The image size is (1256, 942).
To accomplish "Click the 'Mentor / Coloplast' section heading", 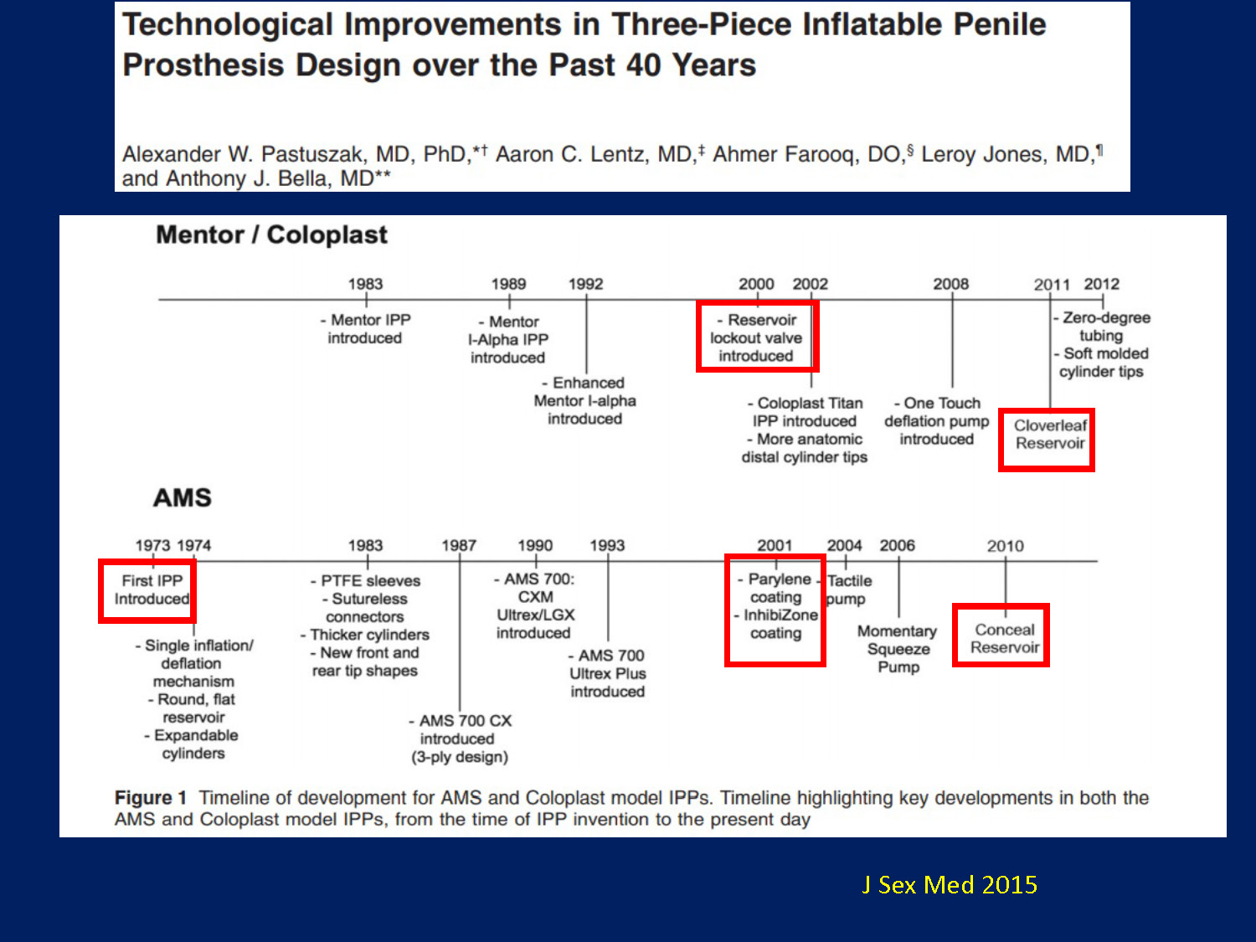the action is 271,234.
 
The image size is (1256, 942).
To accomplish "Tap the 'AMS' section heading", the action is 182,497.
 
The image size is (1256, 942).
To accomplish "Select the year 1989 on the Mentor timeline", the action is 508,284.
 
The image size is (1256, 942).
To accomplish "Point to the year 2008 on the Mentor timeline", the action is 950,284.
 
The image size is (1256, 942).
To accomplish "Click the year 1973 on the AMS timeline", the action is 152,545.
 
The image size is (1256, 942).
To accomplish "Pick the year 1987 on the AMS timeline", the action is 459,545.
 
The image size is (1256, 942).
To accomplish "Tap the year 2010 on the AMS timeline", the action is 1005,546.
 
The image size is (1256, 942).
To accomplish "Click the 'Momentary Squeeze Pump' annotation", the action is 898,649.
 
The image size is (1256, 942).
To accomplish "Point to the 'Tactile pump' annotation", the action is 849,589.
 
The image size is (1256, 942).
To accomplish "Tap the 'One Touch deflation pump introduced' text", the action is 937,421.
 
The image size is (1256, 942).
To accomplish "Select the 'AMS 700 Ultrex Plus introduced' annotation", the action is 607,673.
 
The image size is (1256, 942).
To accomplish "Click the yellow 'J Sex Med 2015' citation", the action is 950,885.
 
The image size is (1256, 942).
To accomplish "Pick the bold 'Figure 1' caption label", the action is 151,797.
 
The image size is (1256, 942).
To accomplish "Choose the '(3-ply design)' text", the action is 460,757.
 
